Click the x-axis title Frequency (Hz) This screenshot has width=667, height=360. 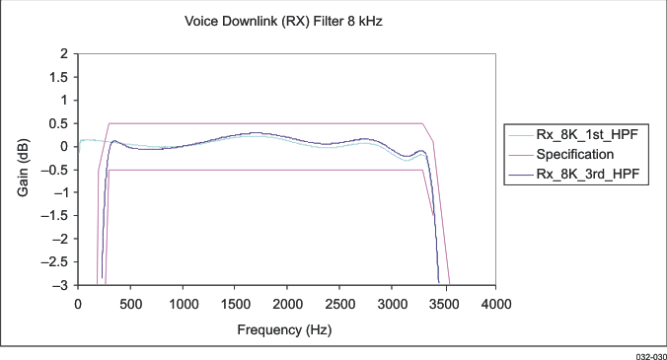tap(287, 329)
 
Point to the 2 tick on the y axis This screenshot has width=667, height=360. tap(63, 53)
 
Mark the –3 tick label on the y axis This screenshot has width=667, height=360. tap(60, 285)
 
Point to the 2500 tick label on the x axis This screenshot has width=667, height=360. tap(339, 303)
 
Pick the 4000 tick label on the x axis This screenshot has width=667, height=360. tap(496, 303)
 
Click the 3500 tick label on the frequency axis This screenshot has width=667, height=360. tap(444, 303)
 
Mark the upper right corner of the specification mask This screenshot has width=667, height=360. tap(422, 123)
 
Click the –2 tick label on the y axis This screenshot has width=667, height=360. tap(60, 239)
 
